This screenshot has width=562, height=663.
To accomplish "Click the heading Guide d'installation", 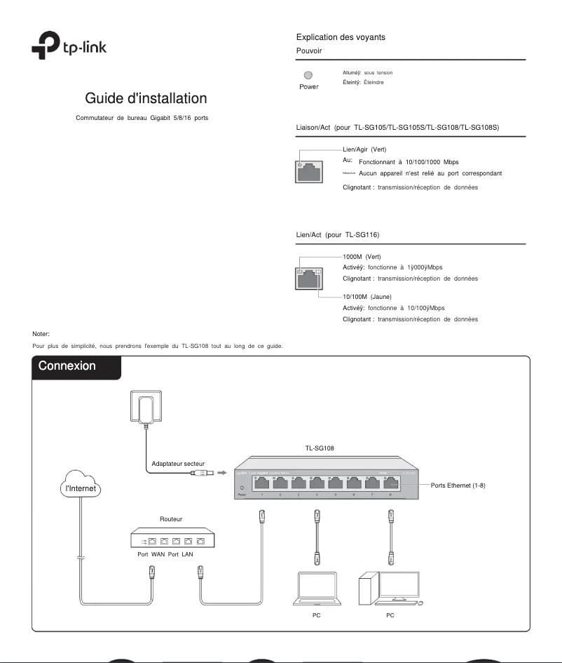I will pyautogui.click(x=146, y=98).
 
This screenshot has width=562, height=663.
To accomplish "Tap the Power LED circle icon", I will pyautogui.click(x=308, y=76).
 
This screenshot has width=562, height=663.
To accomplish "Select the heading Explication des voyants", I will pyautogui.click(x=341, y=36).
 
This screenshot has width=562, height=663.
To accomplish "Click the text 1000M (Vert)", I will pyautogui.click(x=362, y=257).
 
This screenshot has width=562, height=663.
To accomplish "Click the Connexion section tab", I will pyautogui.click(x=67, y=366).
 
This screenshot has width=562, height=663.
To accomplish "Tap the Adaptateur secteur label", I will pyautogui.click(x=178, y=464).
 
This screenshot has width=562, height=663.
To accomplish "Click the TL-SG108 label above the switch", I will pyautogui.click(x=320, y=446).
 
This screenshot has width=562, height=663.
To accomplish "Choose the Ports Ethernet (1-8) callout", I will pyautogui.click(x=463, y=485).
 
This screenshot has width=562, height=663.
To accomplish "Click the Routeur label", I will pyautogui.click(x=171, y=519).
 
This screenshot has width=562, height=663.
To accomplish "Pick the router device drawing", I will pyautogui.click(x=172, y=541).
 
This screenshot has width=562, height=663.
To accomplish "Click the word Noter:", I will pyautogui.click(x=41, y=334).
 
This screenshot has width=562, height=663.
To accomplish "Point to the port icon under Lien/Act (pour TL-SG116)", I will pyautogui.click(x=309, y=278).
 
